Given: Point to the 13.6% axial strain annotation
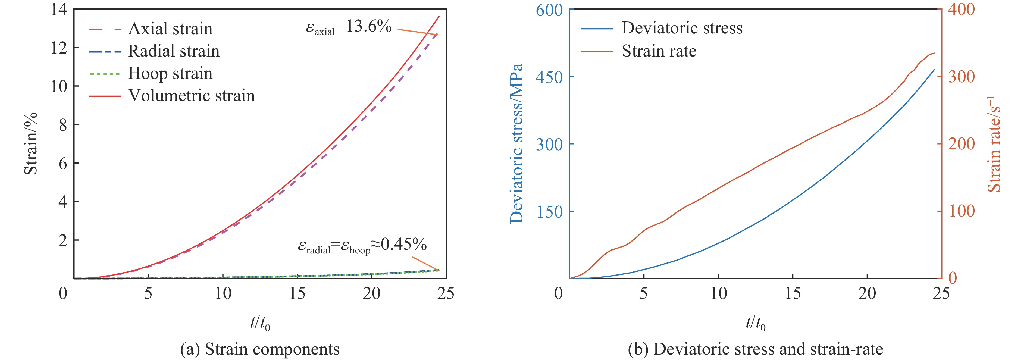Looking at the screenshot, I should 348,27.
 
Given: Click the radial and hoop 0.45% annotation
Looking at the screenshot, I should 362,245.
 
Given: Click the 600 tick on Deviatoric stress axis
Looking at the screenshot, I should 549,10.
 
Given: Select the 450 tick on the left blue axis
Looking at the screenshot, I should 549,77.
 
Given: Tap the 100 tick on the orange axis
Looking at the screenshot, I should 962,211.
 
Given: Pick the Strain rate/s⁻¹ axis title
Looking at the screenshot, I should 994,143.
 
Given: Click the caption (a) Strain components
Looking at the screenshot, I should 260,349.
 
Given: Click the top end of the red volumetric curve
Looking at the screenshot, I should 439,16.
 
